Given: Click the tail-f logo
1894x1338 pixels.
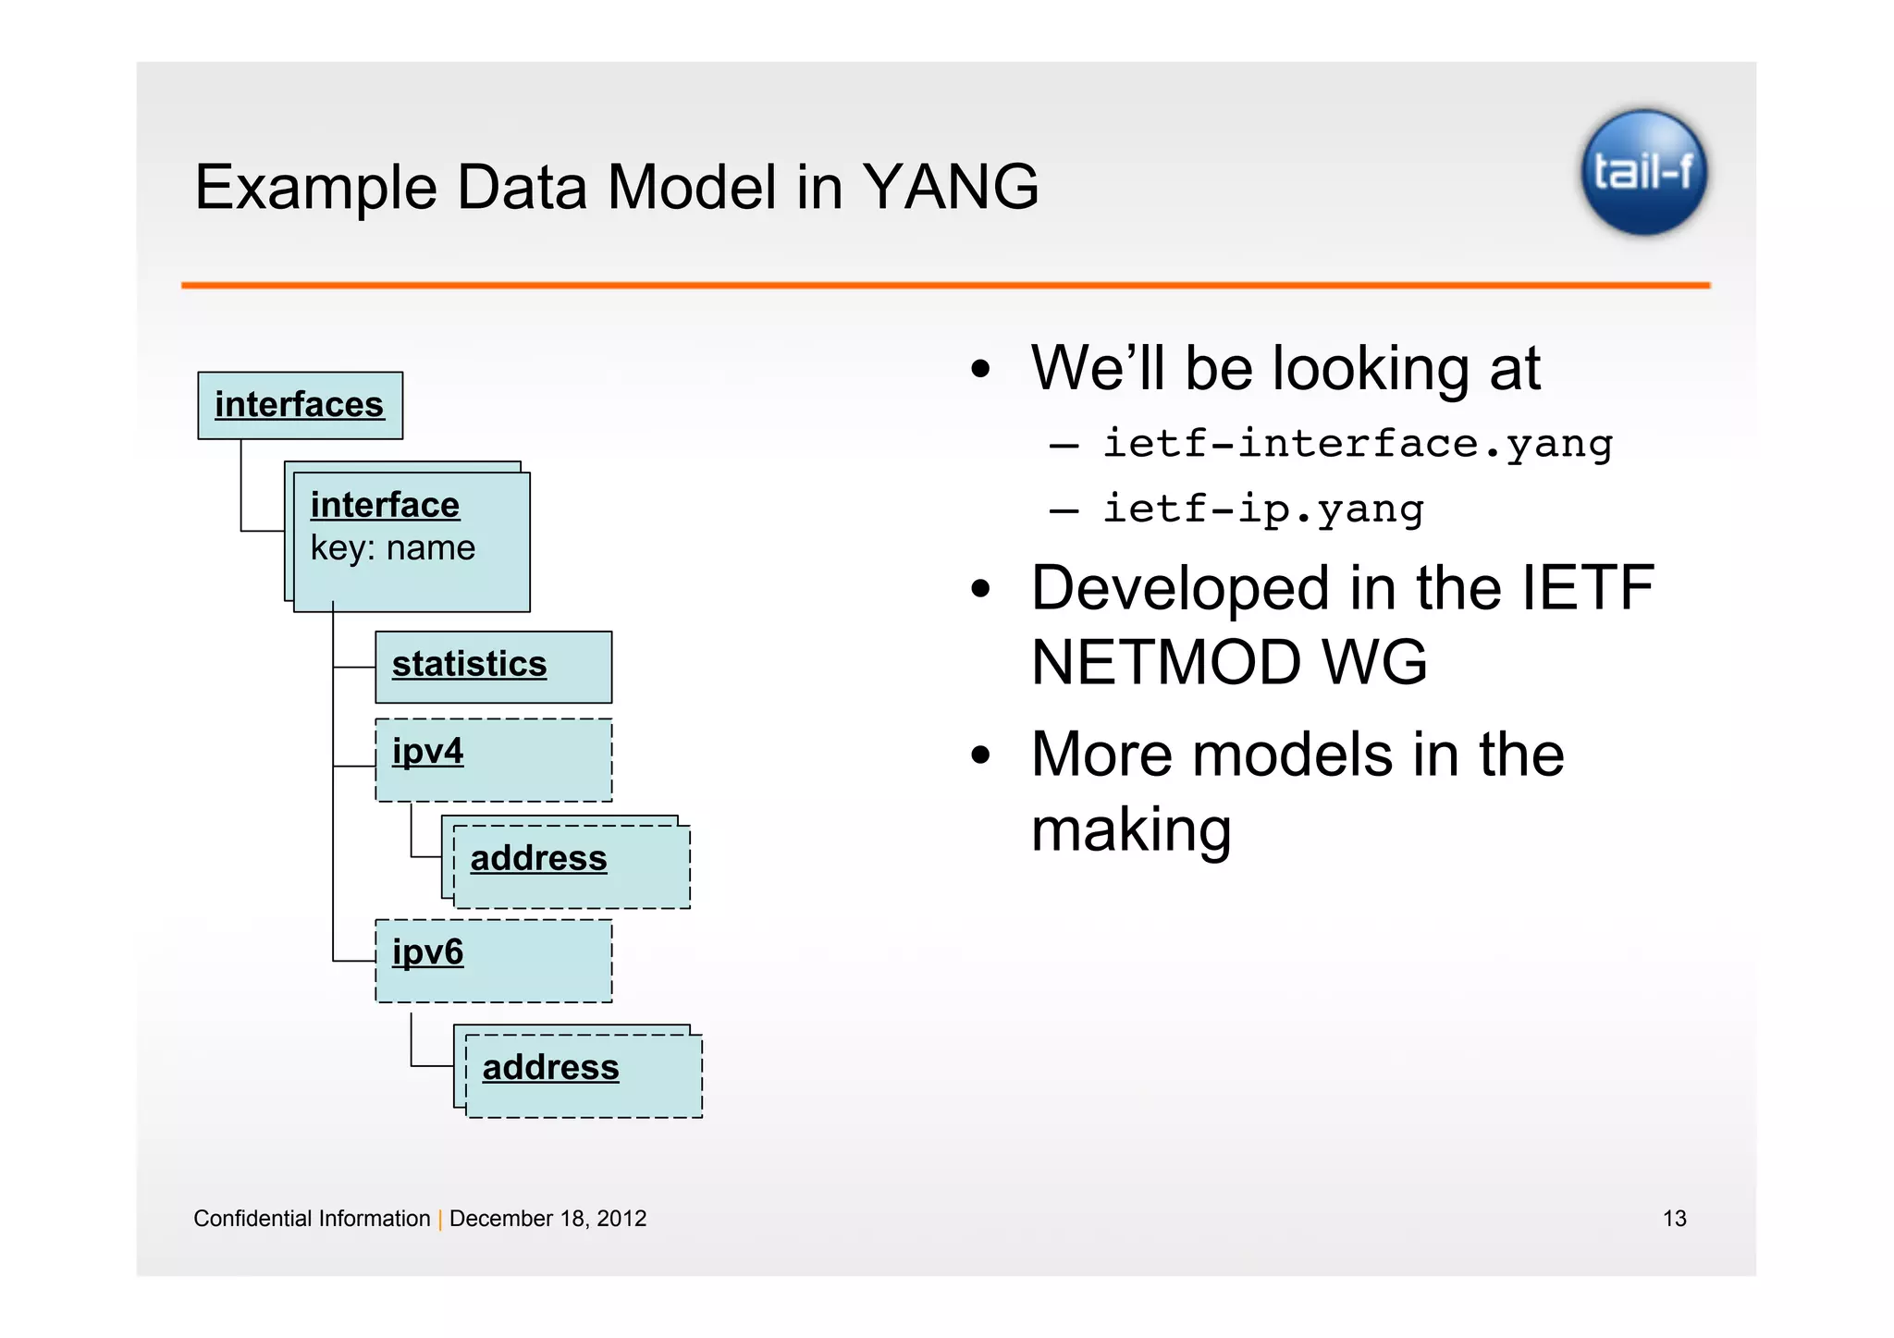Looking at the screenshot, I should [x=1643, y=172].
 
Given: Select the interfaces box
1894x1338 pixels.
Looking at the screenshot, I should [x=300, y=405].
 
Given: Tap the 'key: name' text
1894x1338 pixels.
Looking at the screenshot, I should [x=392, y=548].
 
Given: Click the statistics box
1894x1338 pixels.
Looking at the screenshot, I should [x=493, y=667].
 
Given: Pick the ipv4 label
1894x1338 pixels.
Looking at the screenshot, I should [x=427, y=751].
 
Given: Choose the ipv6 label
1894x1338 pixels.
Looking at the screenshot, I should [x=427, y=951].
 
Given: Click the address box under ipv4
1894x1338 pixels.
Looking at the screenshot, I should [x=571, y=866].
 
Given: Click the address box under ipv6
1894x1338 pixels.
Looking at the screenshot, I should [x=583, y=1075].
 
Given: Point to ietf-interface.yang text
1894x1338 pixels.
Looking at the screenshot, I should [x=1357, y=444].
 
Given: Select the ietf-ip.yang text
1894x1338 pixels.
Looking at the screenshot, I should [x=1262, y=509].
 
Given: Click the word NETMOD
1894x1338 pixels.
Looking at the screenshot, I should [x=1164, y=663].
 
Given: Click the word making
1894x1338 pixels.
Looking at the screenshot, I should [x=1130, y=829].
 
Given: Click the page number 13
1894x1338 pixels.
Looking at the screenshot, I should [x=1674, y=1219].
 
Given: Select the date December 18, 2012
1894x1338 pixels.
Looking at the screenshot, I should [x=547, y=1219].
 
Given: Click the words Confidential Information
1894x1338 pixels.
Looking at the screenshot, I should [x=312, y=1219].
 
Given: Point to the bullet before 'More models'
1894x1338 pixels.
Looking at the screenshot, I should [x=980, y=755].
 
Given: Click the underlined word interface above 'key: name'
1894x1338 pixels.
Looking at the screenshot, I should [x=385, y=506].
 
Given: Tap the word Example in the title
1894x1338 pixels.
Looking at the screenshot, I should [x=315, y=188].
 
